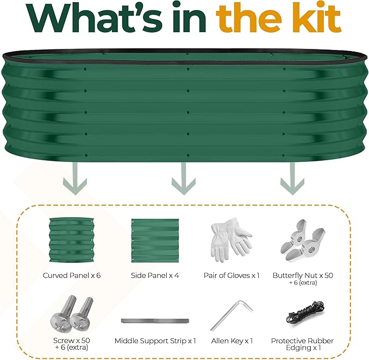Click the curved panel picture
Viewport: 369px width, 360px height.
(x=72, y=240)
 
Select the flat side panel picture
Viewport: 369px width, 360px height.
(x=155, y=241)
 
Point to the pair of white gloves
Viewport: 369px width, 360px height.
(x=231, y=240)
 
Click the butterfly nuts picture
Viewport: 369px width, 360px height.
(x=303, y=241)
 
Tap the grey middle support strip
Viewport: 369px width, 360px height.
(x=155, y=321)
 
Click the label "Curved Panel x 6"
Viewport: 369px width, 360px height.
(x=72, y=275)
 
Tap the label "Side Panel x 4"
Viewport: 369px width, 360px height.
(x=155, y=275)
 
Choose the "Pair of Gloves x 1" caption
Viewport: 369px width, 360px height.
(x=232, y=275)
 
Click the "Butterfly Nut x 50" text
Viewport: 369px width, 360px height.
(x=303, y=275)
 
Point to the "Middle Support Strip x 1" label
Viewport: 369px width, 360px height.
(x=155, y=340)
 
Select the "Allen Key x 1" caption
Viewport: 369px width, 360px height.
(x=232, y=340)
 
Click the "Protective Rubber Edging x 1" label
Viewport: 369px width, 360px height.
(x=303, y=344)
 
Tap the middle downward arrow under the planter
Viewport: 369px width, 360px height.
(x=184, y=179)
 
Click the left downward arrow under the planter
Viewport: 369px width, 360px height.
(x=75, y=179)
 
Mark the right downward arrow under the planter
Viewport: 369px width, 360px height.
(x=292, y=179)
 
